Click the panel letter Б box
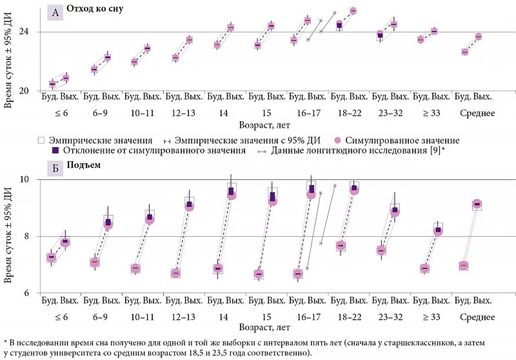pyautogui.click(x=55, y=165)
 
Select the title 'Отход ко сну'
pyautogui.click(x=95, y=10)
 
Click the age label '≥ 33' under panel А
pyautogui.click(x=431, y=114)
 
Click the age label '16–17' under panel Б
pyautogui.click(x=307, y=317)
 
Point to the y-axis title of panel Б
pyautogui.click(x=8, y=235)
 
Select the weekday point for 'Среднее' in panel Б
pyautogui.click(x=463, y=266)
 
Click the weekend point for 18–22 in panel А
pyautogui.click(x=353, y=11)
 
